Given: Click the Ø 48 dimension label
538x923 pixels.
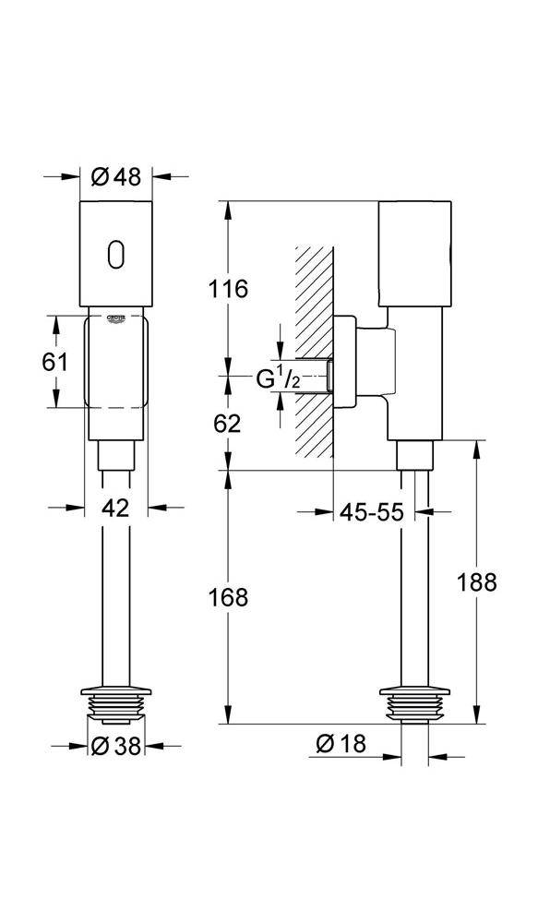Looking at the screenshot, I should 117,176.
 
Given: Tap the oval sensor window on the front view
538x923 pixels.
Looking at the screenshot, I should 116,255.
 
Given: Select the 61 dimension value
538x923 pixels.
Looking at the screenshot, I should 56,361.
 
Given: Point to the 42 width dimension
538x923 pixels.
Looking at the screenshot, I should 115,507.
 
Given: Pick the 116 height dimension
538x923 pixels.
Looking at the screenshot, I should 229,288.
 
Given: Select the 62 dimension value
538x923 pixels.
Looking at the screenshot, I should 229,424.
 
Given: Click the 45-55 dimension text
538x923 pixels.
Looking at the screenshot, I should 372,513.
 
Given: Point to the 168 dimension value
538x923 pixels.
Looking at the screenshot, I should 229,597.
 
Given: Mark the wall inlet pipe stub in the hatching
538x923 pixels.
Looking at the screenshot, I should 315,377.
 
